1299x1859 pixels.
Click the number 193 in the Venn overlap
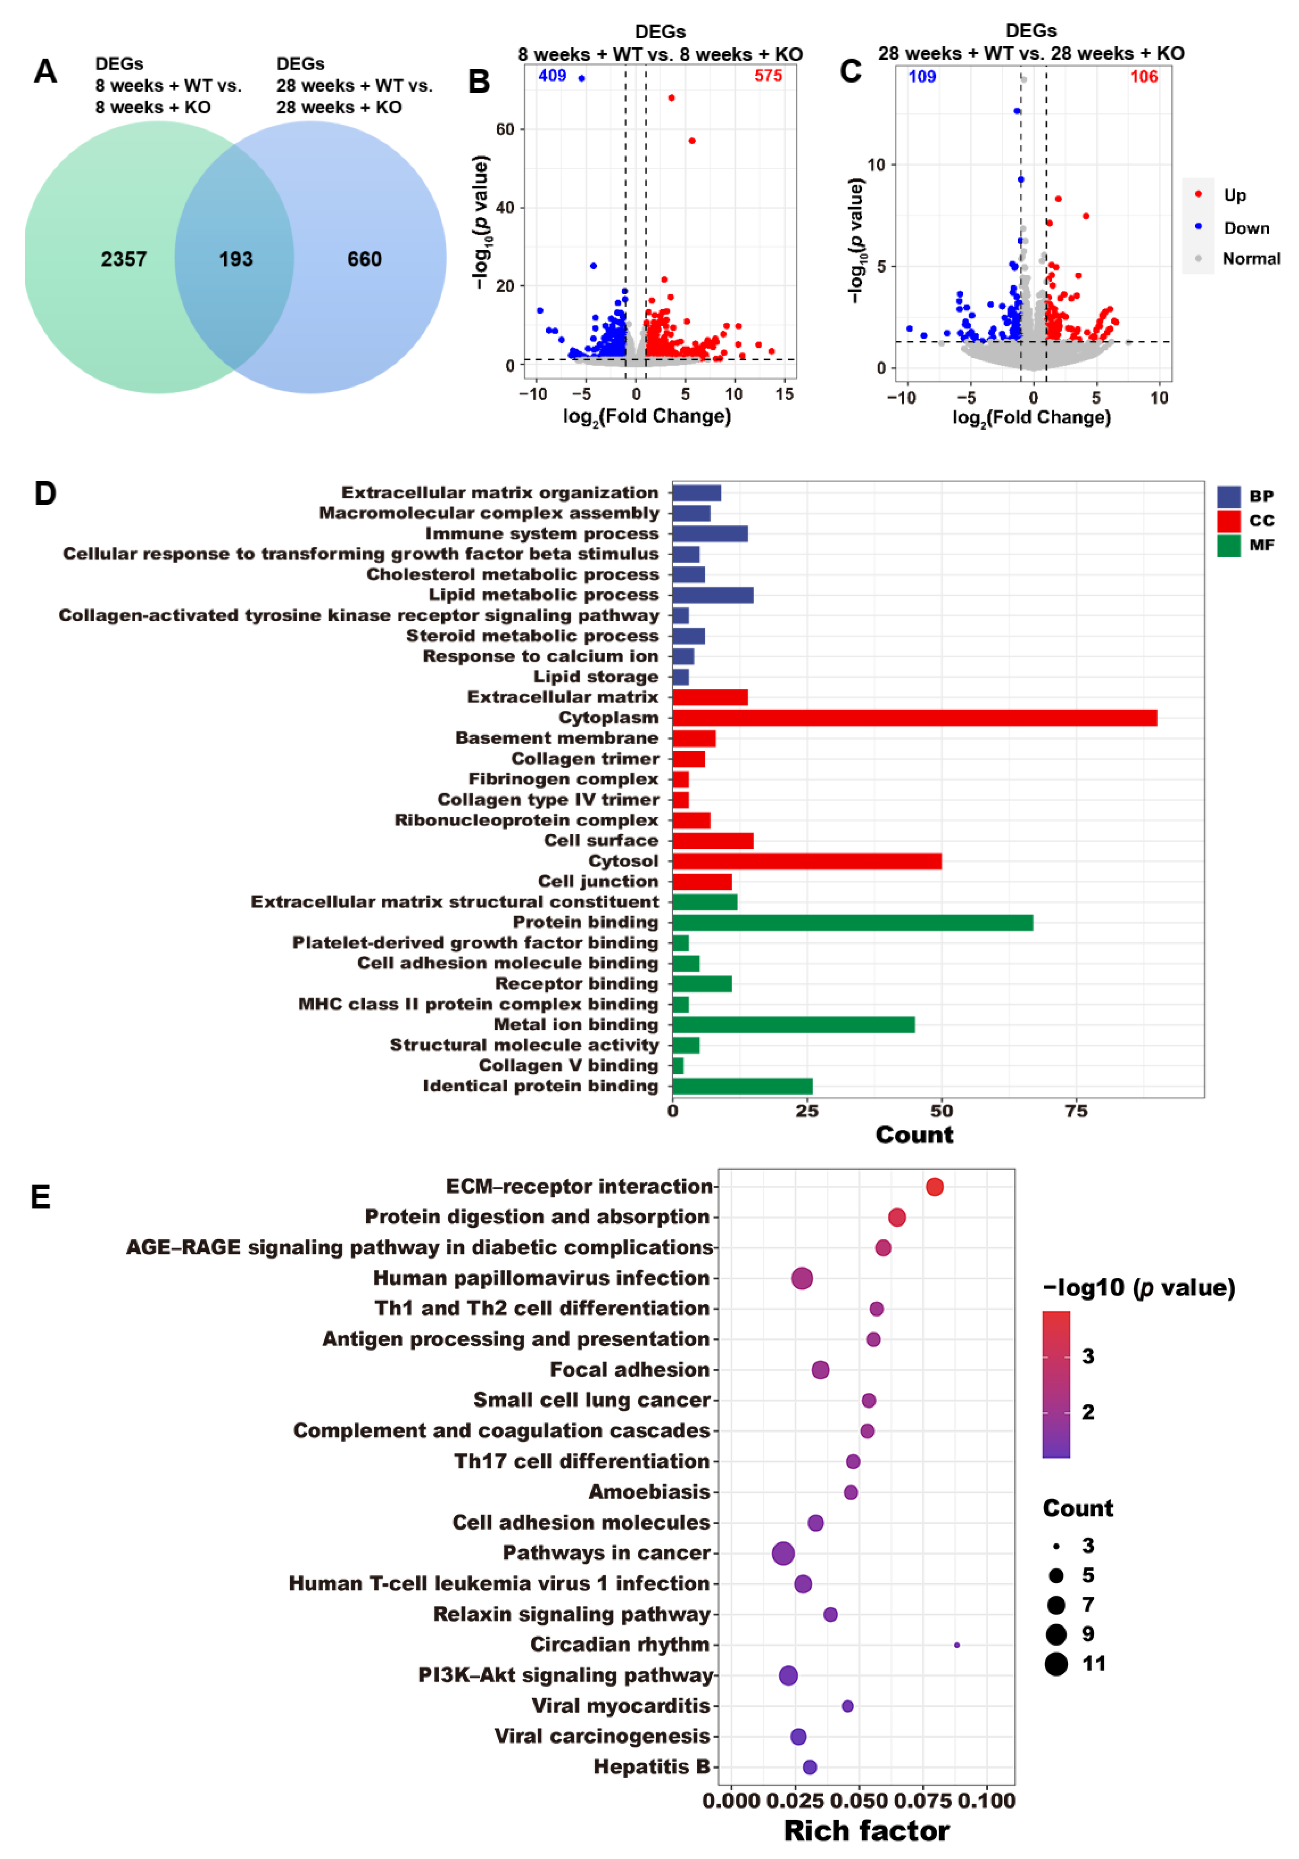pos(236,259)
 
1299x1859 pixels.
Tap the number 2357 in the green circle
pos(124,259)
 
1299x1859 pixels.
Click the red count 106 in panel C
pos(1143,77)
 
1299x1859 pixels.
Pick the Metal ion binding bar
pos(793,1024)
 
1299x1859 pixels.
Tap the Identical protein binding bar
pos(742,1086)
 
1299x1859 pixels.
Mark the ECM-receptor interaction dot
pos(934,1186)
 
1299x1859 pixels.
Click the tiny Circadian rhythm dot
pos(956,1645)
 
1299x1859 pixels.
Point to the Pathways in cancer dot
pos(783,1553)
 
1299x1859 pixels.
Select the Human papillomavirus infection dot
pos(801,1278)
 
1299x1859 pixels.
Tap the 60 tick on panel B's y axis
pos(505,130)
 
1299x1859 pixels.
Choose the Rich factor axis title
pos(866,1831)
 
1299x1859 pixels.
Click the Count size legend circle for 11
pos(1055,1664)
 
